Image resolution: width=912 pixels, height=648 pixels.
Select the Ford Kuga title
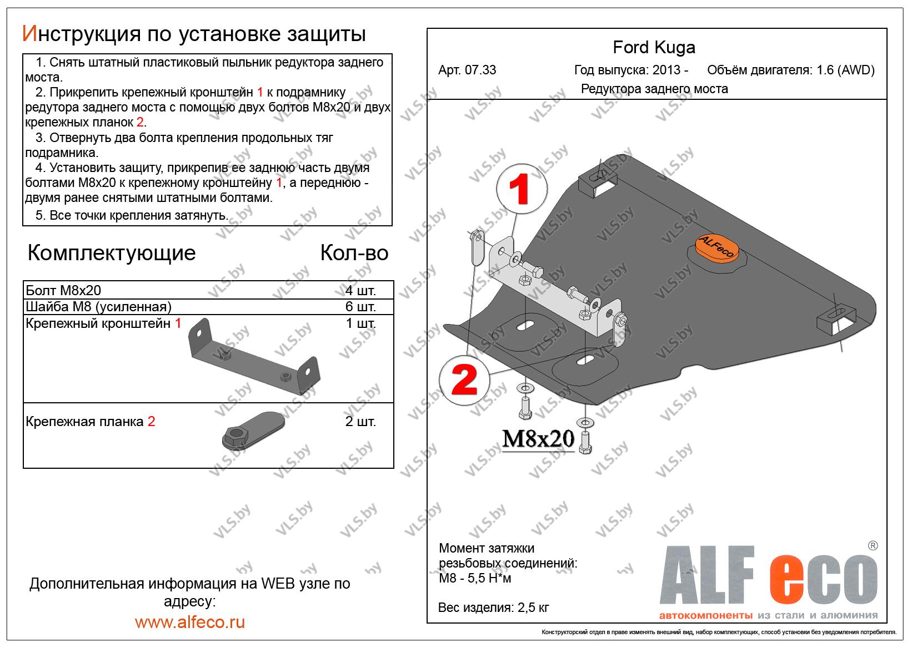[654, 48]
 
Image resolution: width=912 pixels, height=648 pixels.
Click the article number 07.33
[467, 70]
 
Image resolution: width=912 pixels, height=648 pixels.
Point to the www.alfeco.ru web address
[190, 622]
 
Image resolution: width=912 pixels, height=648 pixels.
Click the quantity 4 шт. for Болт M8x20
[360, 290]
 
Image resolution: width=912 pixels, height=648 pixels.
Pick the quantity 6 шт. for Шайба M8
[360, 307]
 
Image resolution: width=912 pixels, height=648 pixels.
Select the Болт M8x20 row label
[64, 290]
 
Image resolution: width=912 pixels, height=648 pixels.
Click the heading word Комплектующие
[112, 253]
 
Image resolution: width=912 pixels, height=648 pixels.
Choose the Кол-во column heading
[354, 253]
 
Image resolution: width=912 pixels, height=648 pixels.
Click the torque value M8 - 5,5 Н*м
[475, 579]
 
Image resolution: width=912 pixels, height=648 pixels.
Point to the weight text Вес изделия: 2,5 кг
[493, 607]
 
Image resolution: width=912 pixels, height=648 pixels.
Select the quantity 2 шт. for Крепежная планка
[360, 421]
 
